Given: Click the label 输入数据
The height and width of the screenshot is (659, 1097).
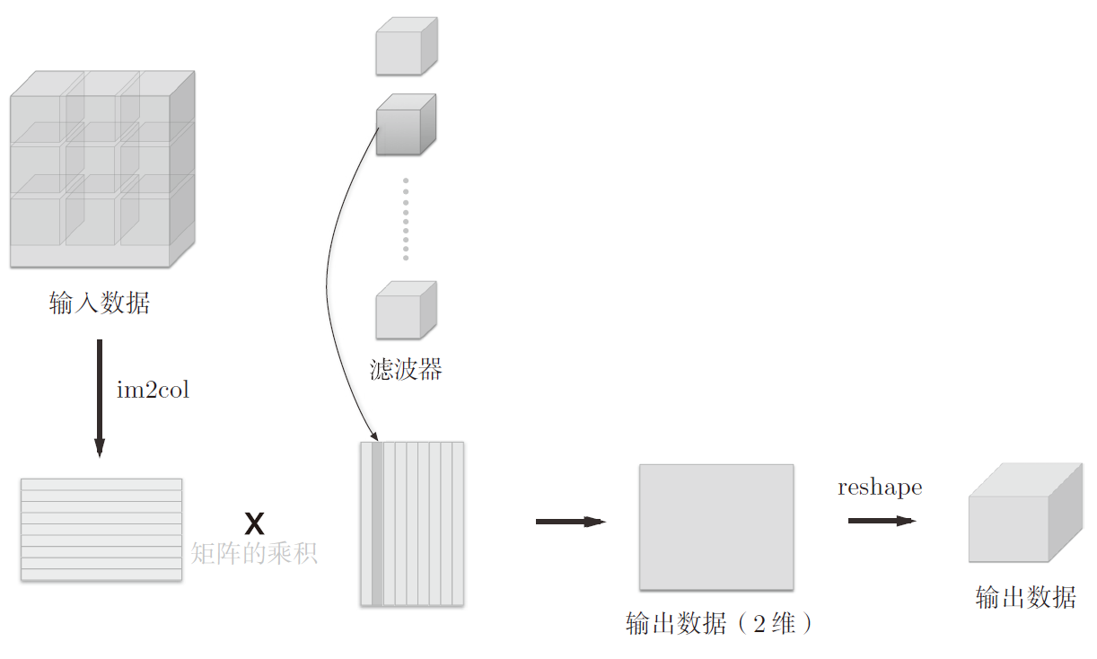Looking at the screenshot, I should pyautogui.click(x=100, y=303).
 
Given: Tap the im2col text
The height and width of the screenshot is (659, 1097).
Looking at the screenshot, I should pyautogui.click(x=154, y=391).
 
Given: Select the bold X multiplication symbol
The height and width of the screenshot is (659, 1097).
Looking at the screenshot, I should pyautogui.click(x=255, y=523).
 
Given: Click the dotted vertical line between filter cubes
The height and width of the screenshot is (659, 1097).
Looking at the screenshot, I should pyautogui.click(x=406, y=219).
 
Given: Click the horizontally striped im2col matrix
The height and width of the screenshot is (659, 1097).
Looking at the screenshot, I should pyautogui.click(x=101, y=529).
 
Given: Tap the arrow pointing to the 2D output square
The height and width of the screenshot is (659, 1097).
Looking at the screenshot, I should pyautogui.click(x=570, y=522).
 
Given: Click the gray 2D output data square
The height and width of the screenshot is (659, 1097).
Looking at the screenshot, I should pyautogui.click(x=716, y=527).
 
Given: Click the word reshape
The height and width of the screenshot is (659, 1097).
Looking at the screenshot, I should pyautogui.click(x=880, y=488).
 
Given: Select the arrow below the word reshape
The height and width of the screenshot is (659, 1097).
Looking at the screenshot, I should pyautogui.click(x=882, y=521).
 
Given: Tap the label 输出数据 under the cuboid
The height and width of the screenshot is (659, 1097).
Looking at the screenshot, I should pyautogui.click(x=1025, y=598).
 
